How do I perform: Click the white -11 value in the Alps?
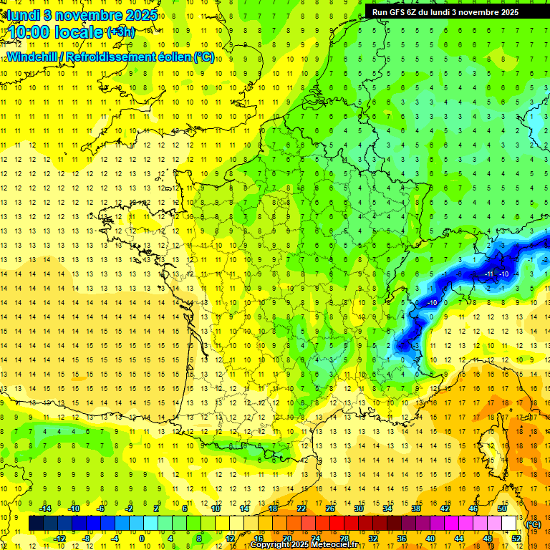coord(490,274)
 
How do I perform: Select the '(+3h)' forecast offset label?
coord(120,32)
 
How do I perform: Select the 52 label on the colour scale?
coord(516,539)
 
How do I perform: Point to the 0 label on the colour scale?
coord(142,539)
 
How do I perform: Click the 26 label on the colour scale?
coord(330,508)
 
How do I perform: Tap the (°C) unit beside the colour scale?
coord(534,524)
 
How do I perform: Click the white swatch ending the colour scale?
coord(509,524)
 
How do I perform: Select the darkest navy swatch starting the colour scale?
coord(37,524)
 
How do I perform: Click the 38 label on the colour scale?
coord(416,508)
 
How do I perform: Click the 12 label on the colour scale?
coord(230,539)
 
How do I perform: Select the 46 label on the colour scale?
coord(473,508)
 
